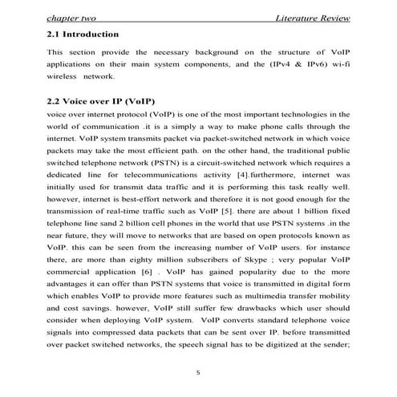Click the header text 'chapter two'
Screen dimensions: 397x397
point(71,18)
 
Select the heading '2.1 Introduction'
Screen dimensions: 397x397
point(83,35)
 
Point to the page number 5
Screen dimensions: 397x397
point(199,371)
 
